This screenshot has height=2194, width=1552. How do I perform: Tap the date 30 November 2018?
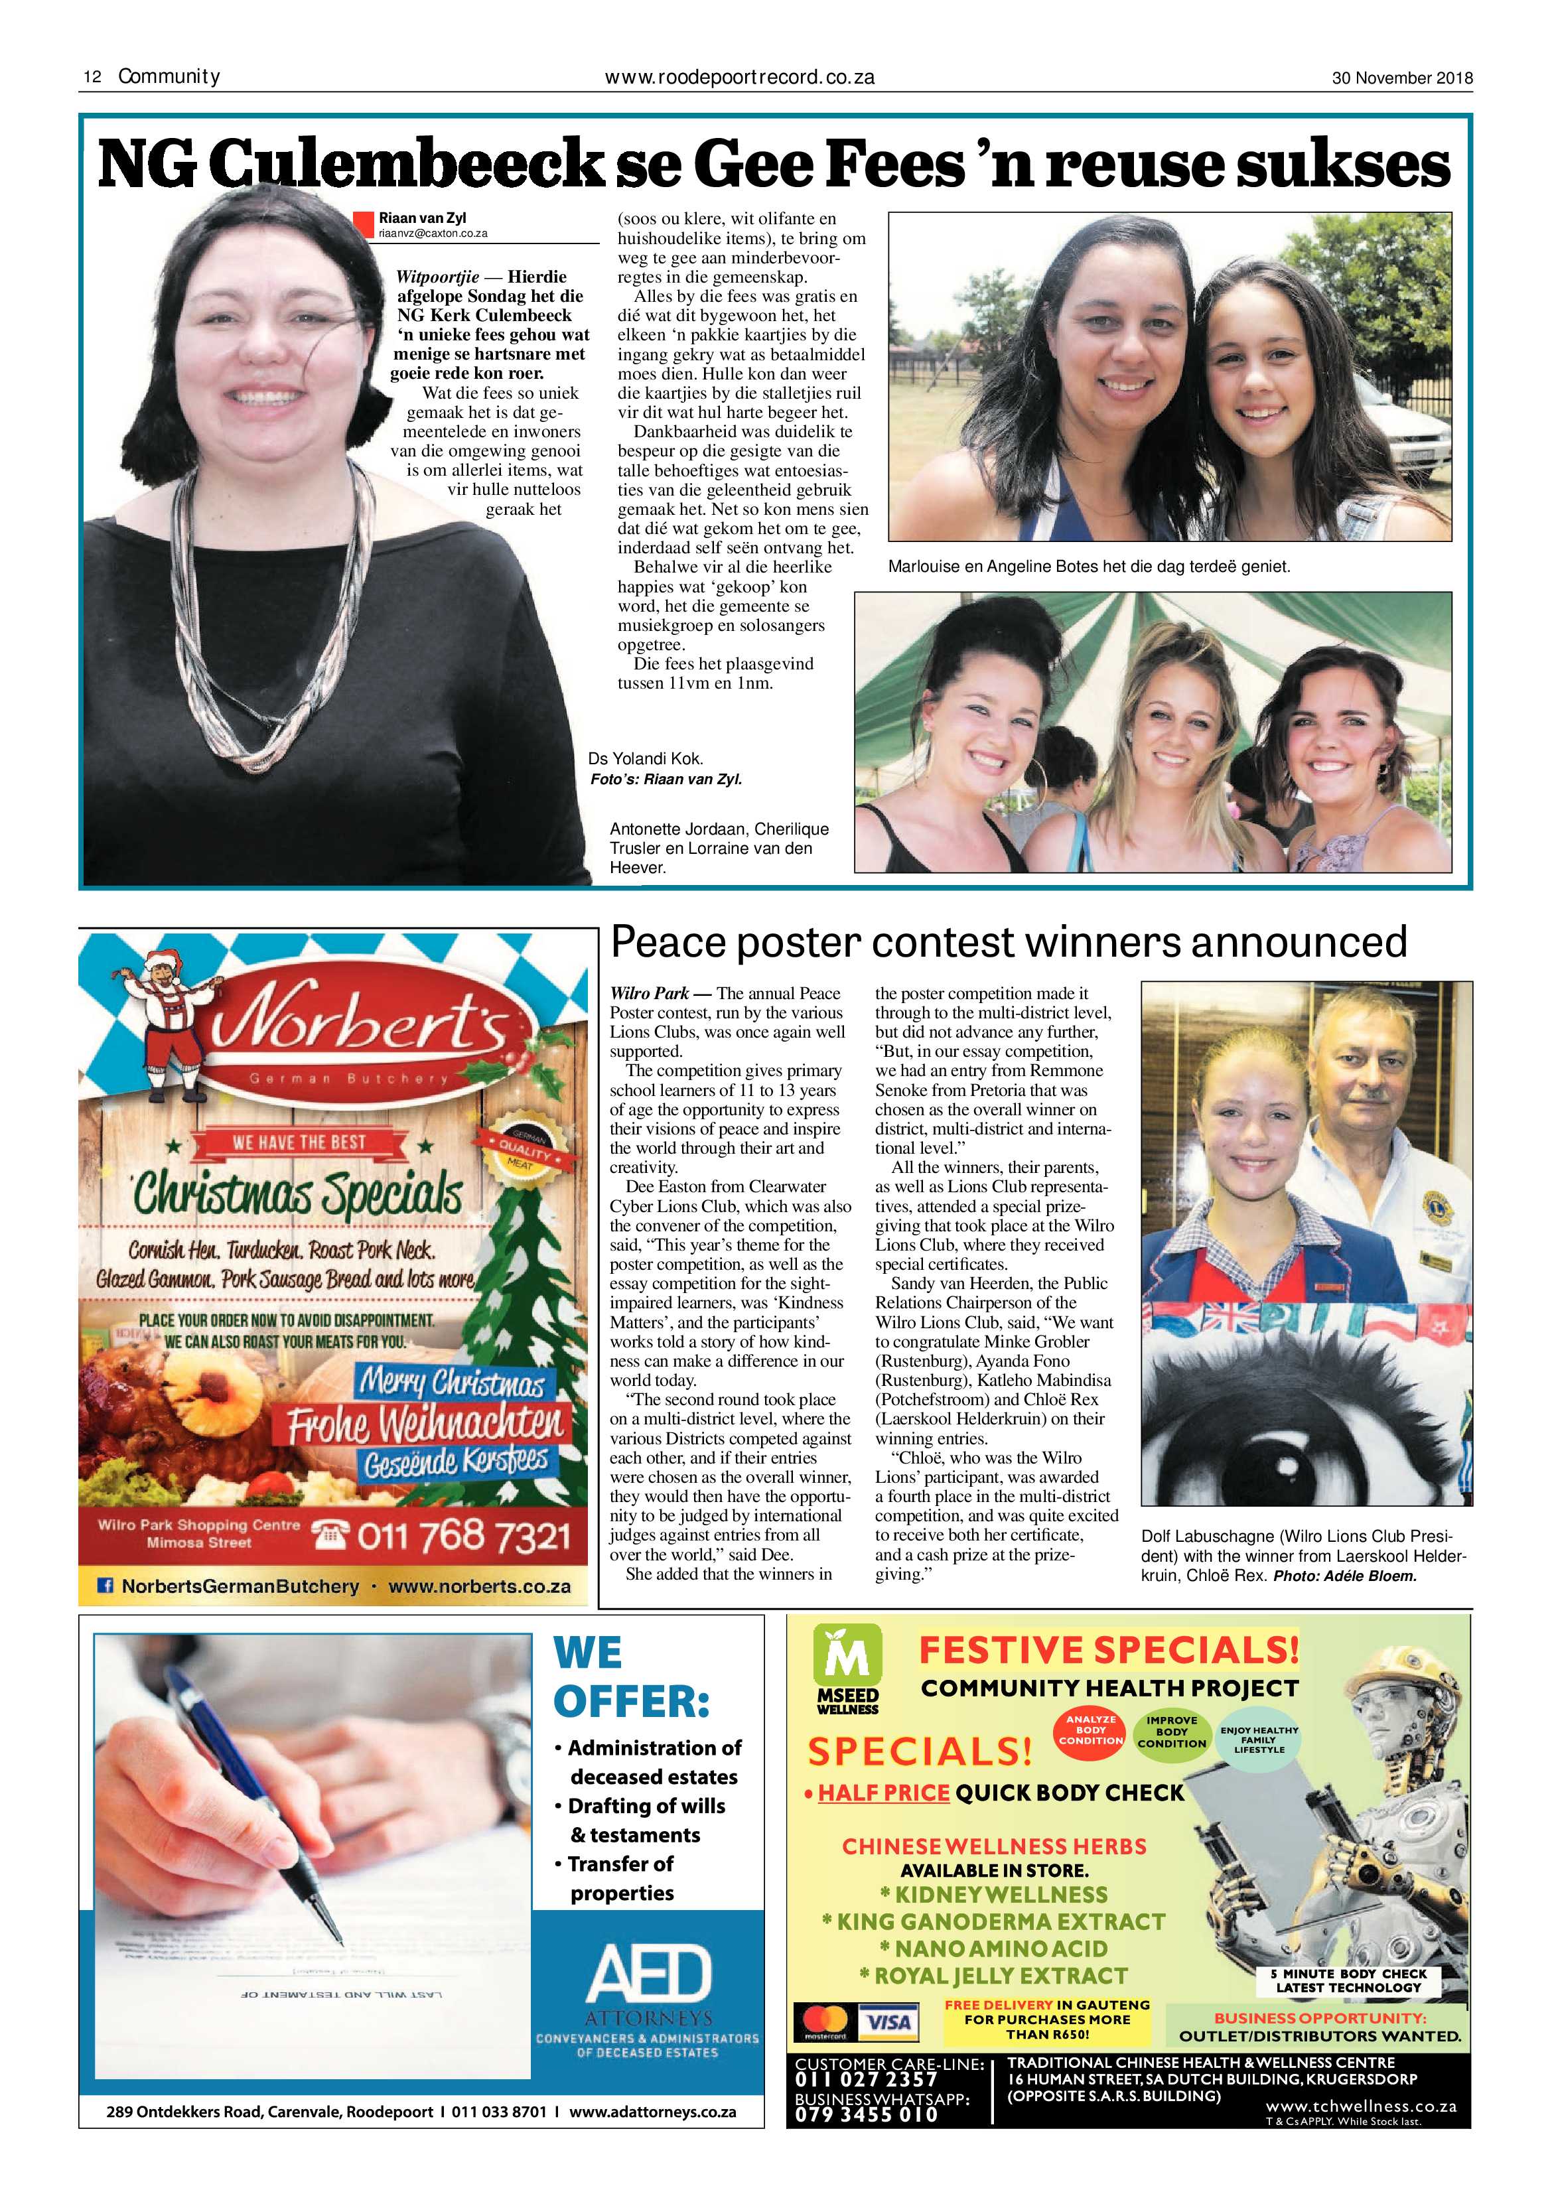(1402, 78)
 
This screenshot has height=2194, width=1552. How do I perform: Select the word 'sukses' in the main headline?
(1343, 165)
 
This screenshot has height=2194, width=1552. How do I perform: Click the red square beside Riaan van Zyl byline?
(363, 224)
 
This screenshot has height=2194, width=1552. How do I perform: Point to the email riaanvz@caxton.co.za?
(433, 233)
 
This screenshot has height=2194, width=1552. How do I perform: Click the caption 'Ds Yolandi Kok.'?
(645, 759)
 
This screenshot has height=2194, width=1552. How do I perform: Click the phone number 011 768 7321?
(464, 1537)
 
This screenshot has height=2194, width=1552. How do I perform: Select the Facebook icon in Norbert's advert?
(107, 1586)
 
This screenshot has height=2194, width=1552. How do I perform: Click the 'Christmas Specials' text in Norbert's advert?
(297, 1194)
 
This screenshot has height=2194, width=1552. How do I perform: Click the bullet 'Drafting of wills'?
(646, 1806)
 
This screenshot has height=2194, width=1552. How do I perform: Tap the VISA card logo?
(887, 2022)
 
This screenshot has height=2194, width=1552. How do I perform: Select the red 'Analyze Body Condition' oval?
(1090, 1730)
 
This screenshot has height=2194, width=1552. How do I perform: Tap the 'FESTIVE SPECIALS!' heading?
(1109, 1650)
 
